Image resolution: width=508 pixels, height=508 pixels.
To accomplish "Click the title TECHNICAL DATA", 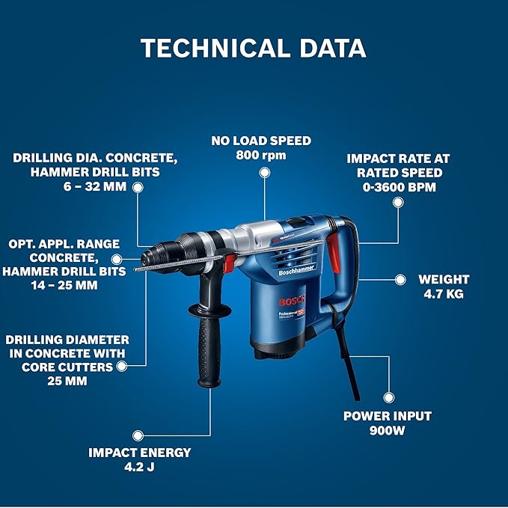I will point(254,48).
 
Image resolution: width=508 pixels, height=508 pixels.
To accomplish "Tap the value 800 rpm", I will point(261,154).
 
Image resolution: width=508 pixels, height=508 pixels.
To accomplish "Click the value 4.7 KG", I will point(444,294).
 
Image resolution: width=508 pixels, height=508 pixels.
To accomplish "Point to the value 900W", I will point(387,430).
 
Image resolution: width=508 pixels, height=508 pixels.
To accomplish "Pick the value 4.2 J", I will point(140,467).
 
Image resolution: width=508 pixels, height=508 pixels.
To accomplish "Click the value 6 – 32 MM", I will point(94,186).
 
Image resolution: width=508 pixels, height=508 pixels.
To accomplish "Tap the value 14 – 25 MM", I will point(73,285).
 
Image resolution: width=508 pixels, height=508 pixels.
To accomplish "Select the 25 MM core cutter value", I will point(65,381).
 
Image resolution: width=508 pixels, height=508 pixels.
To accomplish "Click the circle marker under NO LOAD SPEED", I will point(263,172).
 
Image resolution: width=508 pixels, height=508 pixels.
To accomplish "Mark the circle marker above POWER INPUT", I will point(388,399).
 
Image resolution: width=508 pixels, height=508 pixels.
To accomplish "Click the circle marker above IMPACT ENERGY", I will point(138,435).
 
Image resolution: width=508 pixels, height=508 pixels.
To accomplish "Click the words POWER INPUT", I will point(387,415).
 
